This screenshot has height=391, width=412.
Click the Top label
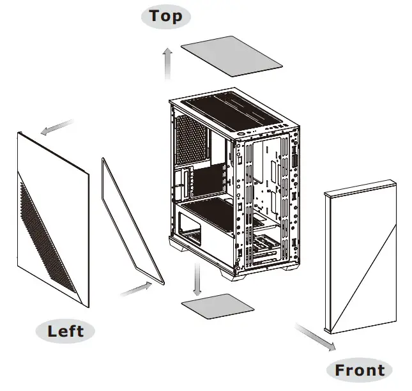pyautogui.click(x=165, y=16)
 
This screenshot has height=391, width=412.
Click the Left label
pyautogui.click(x=65, y=331)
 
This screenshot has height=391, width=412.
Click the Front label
pyautogui.click(x=360, y=369)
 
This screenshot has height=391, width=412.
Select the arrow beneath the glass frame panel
pyautogui.click(x=136, y=289)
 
